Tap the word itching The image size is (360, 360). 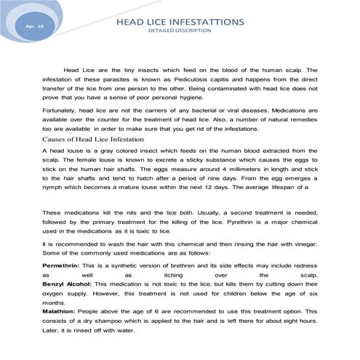pyautogui.click(x=172, y=277)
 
